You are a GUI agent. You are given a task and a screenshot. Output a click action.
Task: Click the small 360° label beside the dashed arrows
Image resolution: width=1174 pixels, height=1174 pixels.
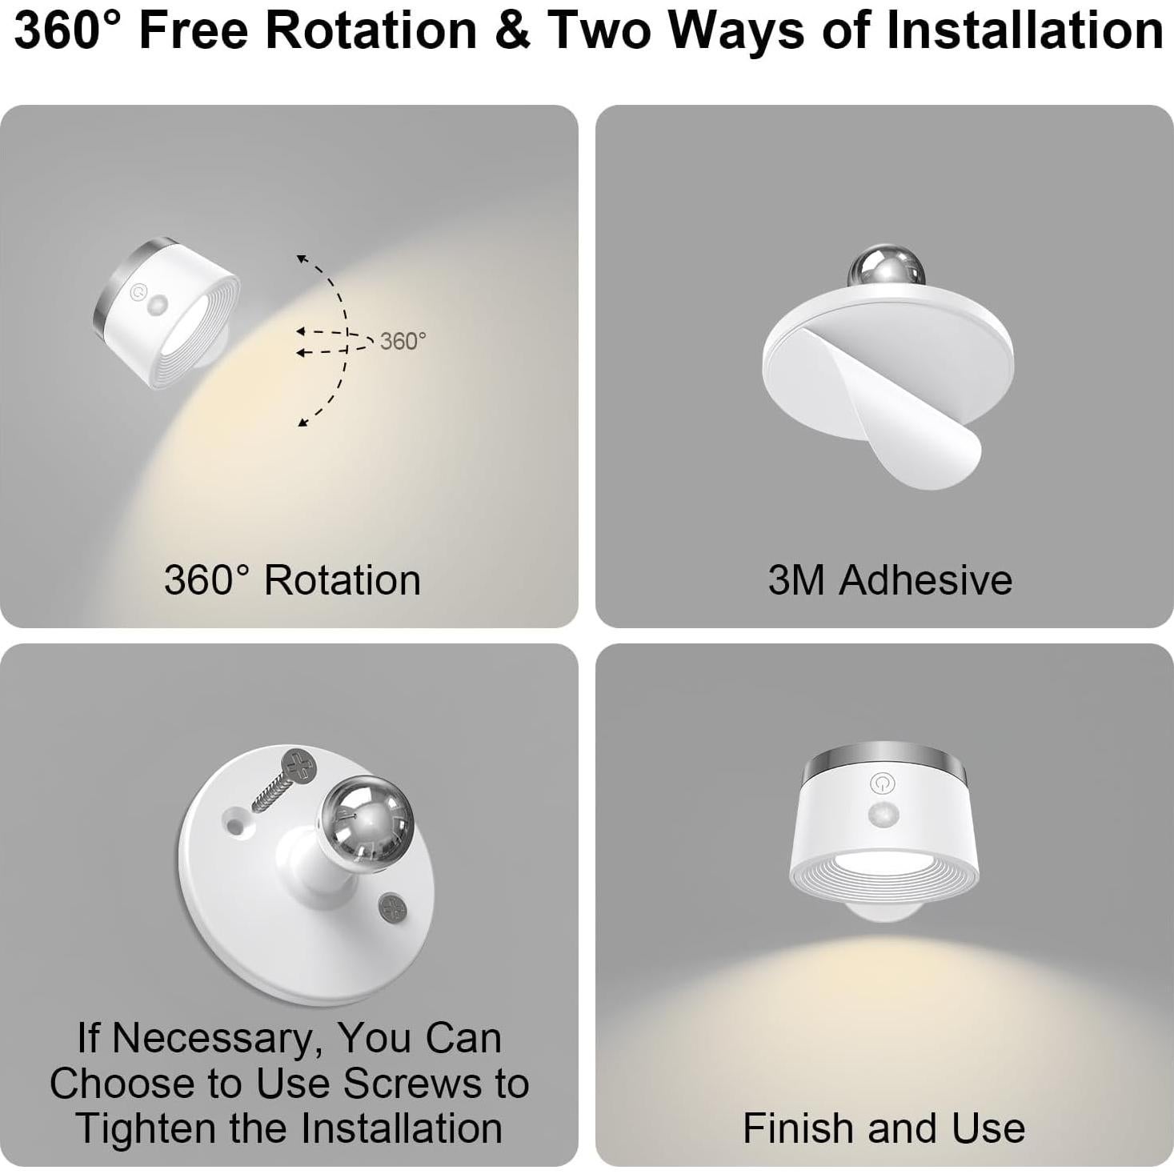click(403, 342)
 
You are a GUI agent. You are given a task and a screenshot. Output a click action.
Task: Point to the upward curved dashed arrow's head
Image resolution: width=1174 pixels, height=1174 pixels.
click(302, 258)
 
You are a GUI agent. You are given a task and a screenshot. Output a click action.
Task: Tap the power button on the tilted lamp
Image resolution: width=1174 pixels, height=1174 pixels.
click(138, 292)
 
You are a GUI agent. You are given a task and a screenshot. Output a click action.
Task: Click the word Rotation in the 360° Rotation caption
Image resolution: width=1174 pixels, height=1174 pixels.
click(343, 580)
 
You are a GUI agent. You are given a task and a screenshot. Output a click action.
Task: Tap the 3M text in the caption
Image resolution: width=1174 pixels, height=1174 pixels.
click(795, 580)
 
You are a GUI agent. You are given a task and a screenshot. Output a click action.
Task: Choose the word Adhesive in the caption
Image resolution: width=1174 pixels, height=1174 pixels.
click(925, 580)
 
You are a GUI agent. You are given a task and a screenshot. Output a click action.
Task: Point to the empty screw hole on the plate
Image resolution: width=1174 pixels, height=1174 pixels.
click(235, 821)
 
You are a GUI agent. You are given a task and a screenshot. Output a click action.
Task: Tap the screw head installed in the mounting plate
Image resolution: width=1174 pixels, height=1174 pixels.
click(392, 908)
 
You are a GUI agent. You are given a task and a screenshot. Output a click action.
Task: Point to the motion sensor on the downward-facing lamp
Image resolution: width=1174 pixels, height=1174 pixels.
click(883, 817)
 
